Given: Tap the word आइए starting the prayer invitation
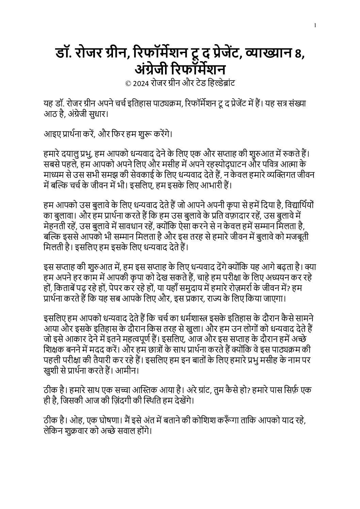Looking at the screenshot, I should coord(50,133).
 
